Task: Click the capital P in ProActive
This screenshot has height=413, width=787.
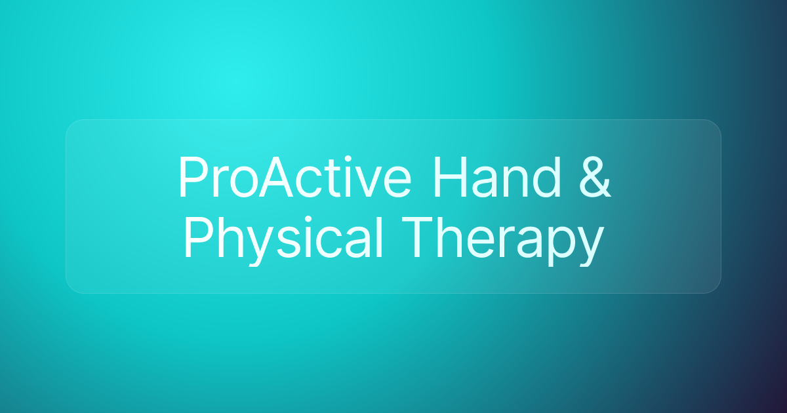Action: (191, 178)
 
